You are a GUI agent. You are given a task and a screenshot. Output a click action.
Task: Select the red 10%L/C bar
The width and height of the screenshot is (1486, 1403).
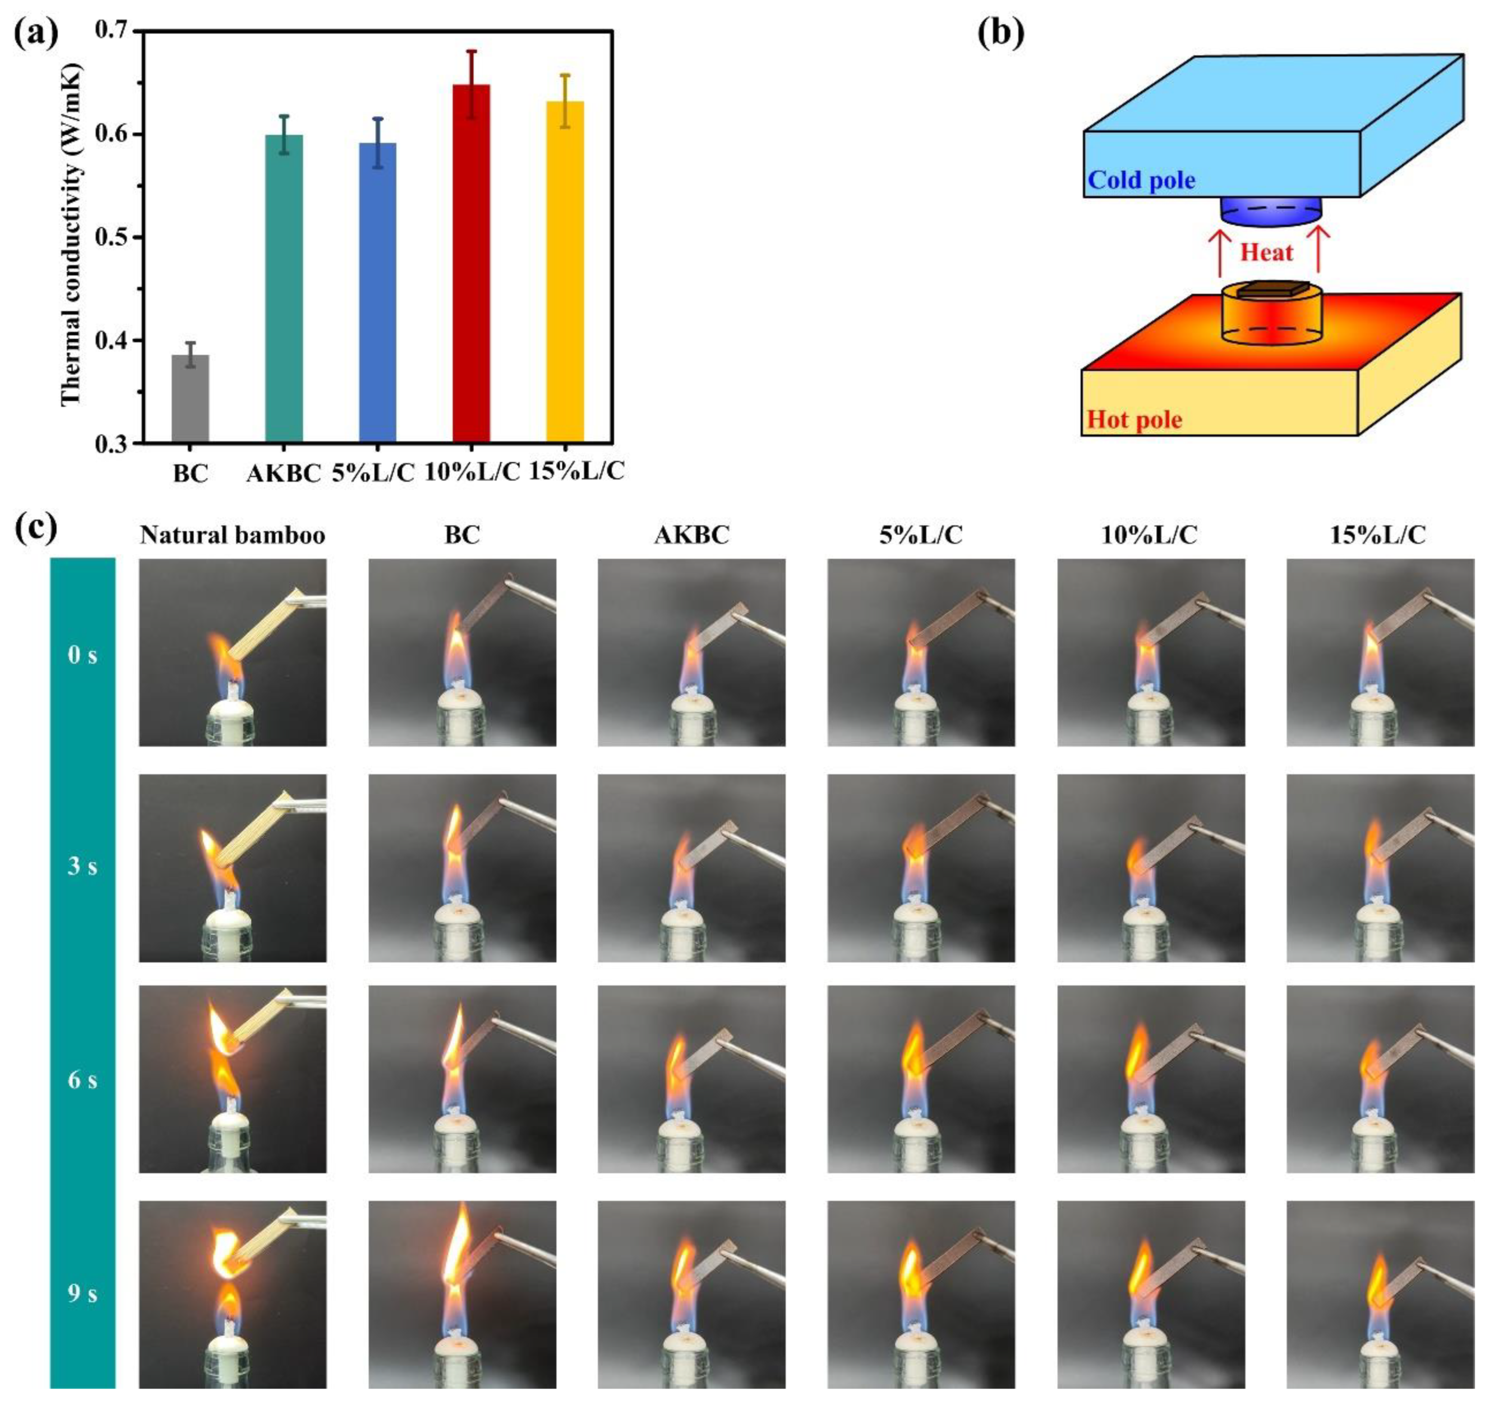click(471, 262)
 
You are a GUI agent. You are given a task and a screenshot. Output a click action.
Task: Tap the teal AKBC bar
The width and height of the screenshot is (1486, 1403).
click(284, 288)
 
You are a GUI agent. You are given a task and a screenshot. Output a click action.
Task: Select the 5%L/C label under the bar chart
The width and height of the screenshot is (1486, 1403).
click(373, 473)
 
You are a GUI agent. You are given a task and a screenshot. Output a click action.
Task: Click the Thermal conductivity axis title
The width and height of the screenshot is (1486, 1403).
click(71, 235)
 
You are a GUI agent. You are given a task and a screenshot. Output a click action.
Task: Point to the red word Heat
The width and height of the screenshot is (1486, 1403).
click(1267, 252)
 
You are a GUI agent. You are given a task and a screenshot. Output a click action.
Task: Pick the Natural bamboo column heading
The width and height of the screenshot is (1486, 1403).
click(232, 535)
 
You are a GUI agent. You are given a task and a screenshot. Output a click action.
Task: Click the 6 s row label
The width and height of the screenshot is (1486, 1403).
click(82, 1080)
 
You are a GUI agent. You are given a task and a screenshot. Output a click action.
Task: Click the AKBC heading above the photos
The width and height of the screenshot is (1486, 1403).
click(691, 535)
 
